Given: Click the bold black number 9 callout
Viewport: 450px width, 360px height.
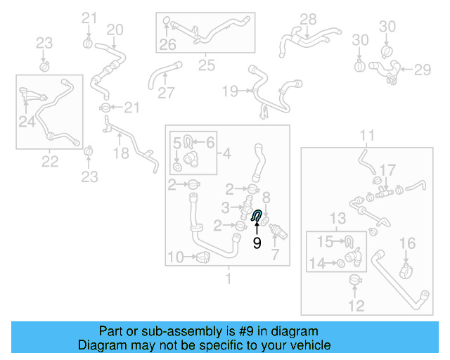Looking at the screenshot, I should (257, 243).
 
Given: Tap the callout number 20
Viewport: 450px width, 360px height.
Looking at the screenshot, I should (115, 29).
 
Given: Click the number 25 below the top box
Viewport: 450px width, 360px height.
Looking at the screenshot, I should (206, 65).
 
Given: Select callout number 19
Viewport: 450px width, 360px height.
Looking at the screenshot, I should (230, 91).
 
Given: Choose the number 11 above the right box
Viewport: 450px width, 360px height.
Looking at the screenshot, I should (368, 135).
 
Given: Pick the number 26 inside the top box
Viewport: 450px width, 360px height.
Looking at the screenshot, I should (167, 46).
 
